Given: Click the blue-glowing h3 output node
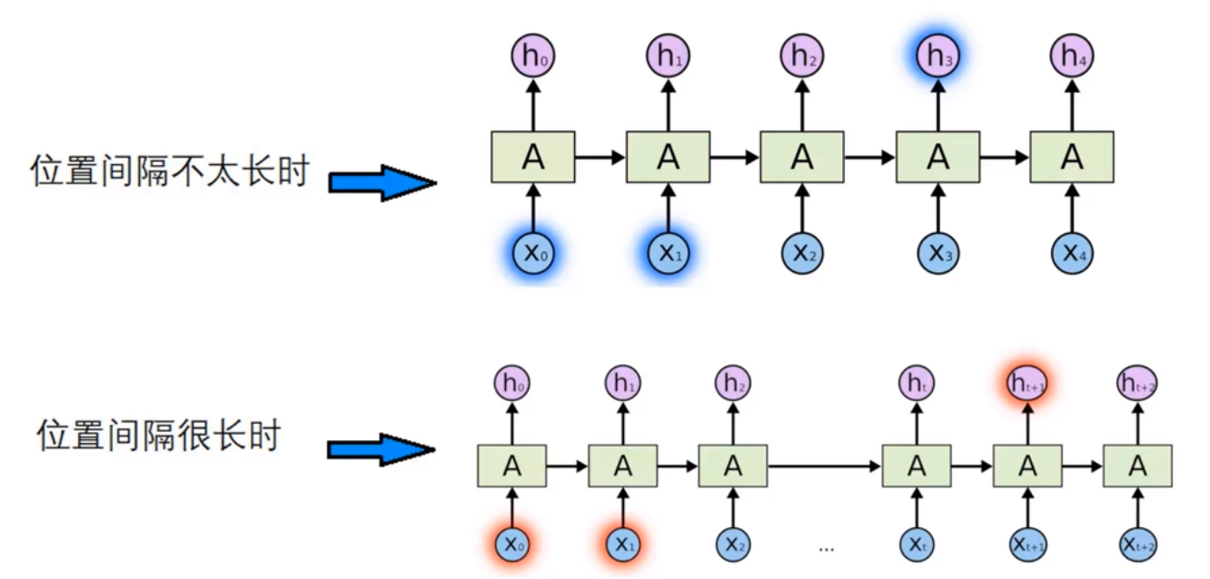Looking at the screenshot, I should coord(937,56).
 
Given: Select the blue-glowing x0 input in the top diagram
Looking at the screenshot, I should coord(533,253).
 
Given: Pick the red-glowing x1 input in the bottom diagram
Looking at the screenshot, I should coord(622,543).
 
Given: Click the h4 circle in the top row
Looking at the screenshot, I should coord(1072,56).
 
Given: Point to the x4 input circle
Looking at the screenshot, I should coord(1072,253).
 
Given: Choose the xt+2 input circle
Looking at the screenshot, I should coord(1137,543).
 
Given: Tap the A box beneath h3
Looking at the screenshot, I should coord(937,157).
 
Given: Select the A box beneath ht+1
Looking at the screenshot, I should coord(1027,466).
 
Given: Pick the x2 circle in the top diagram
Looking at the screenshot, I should coord(801,253).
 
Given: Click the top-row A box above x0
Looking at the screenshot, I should coord(533,157).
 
